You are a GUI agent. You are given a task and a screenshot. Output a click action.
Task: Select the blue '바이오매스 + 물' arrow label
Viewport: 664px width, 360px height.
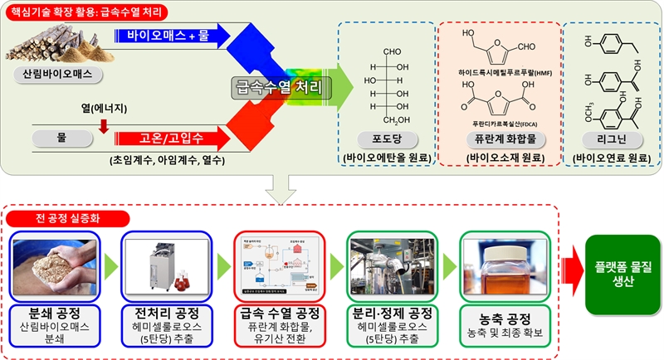click(166, 36)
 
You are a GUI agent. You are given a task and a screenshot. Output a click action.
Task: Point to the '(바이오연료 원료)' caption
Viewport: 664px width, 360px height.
click(610, 157)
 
